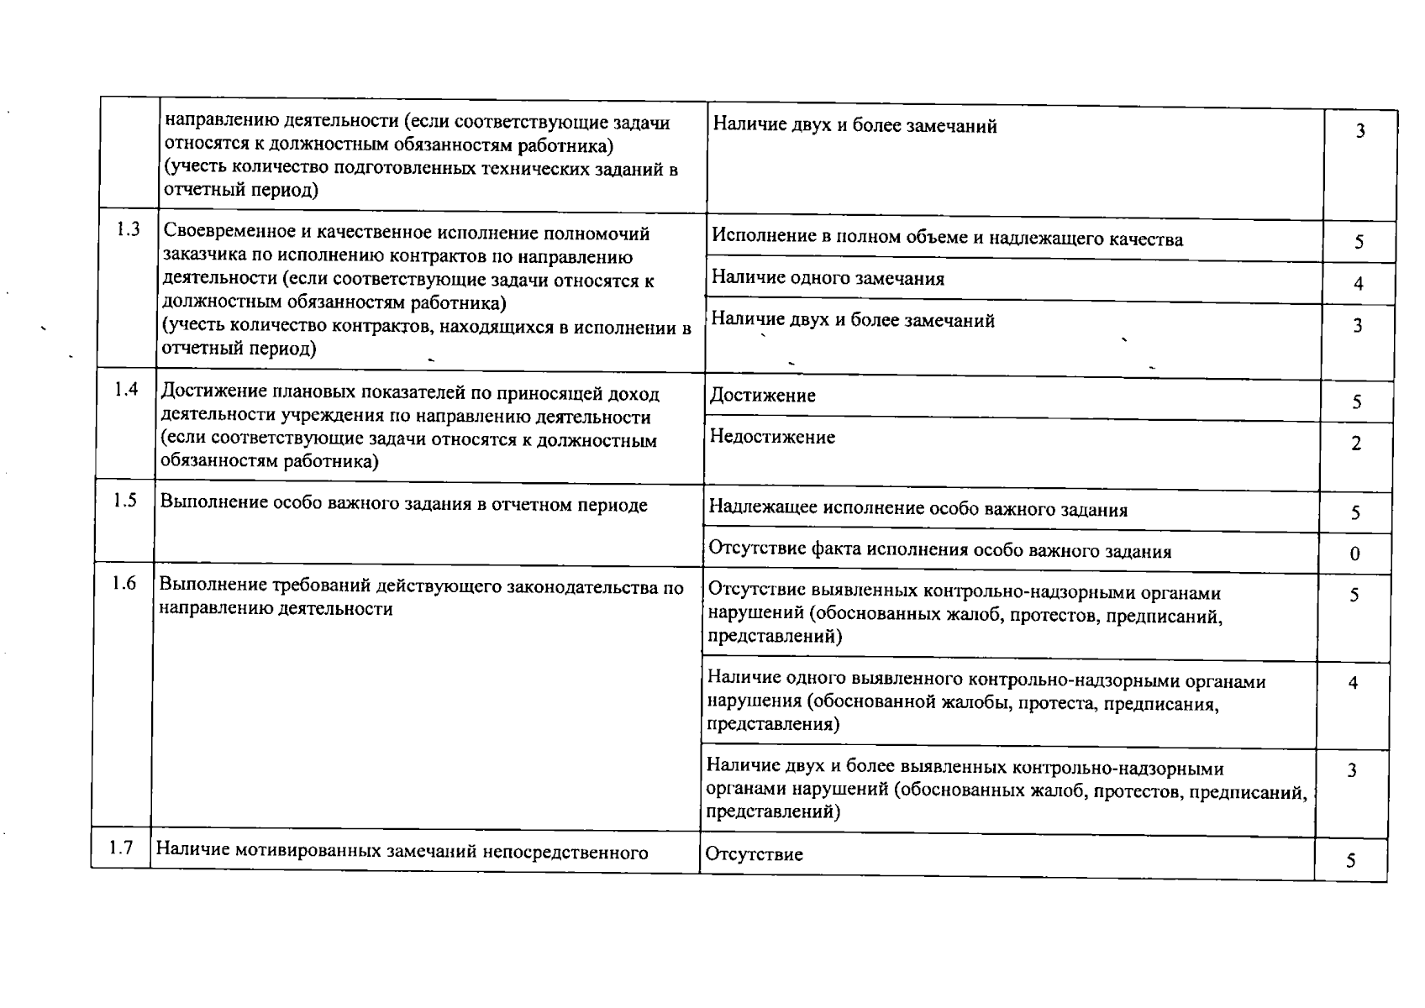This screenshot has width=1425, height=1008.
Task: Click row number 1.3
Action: tap(128, 229)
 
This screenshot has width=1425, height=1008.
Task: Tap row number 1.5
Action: tap(125, 501)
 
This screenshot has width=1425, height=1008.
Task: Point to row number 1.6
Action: tap(124, 583)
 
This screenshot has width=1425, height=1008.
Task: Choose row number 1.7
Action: tap(121, 848)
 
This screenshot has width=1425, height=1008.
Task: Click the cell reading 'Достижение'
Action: tap(762, 396)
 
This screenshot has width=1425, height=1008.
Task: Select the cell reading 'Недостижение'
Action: tap(772, 437)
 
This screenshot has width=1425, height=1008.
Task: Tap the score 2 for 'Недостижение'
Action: tap(1356, 444)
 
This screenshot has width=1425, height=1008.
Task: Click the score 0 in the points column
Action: tap(1354, 554)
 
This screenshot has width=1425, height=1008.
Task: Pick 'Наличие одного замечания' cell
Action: tap(828, 279)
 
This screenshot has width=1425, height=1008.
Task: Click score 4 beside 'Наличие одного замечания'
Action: tap(1358, 284)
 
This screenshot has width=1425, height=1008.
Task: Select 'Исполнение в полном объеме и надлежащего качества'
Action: tap(947, 239)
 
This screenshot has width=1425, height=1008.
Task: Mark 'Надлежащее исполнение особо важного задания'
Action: tap(918, 509)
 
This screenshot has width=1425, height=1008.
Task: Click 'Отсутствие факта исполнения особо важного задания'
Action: tap(939, 551)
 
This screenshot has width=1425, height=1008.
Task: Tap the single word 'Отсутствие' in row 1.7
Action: tap(754, 854)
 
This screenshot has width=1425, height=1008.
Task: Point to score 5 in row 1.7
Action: tap(1351, 861)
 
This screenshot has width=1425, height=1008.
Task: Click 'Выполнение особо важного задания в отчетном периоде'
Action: tap(403, 505)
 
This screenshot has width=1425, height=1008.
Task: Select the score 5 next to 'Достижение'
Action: tap(1356, 402)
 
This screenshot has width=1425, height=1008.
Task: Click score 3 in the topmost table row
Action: tap(1360, 131)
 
